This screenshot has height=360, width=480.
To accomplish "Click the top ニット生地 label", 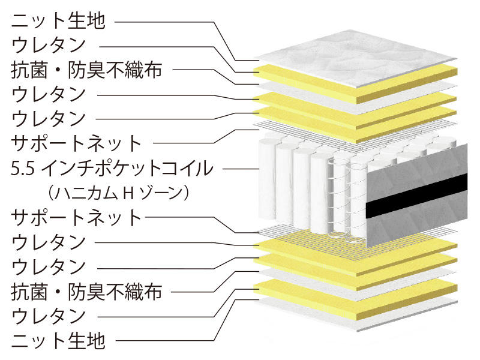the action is click(x=58, y=21).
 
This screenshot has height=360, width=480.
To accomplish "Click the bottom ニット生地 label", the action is click(x=58, y=341).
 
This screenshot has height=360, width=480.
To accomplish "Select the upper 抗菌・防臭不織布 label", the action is click(x=86, y=70).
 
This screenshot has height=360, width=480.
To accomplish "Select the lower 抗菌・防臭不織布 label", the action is click(x=86, y=292).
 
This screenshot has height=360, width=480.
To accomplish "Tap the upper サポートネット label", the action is click(x=76, y=143).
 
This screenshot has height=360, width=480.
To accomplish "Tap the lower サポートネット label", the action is click(x=76, y=218).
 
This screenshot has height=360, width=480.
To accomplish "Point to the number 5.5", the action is click(x=22, y=169).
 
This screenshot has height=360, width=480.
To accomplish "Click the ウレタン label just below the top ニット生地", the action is click(x=49, y=45).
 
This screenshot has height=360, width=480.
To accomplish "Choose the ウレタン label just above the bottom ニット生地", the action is click(x=49, y=316).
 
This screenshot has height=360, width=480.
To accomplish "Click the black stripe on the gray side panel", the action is click(x=416, y=196).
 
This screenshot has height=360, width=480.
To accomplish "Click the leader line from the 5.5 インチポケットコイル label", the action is click(x=241, y=169).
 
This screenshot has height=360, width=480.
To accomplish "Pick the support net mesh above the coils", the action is click(x=352, y=134).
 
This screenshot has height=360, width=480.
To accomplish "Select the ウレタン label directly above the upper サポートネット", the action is click(x=49, y=119).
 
